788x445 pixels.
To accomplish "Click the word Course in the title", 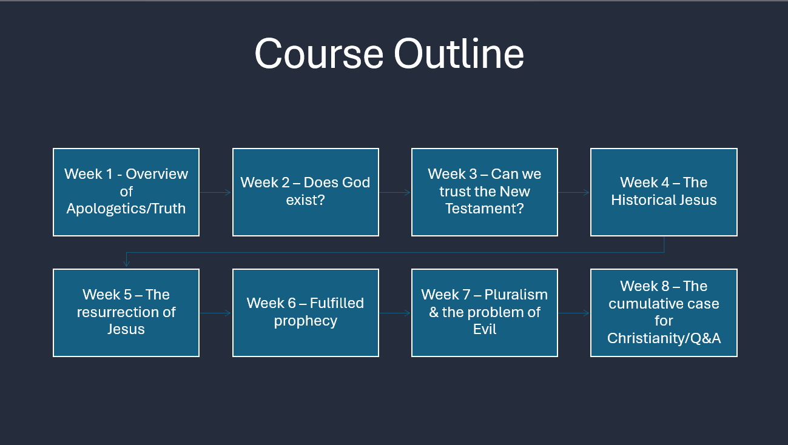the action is tap(319, 54).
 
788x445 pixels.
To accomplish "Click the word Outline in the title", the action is tap(459, 53).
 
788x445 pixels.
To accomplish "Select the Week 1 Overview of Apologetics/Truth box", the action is tap(126, 192).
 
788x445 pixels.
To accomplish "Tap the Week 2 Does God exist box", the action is tap(306, 192).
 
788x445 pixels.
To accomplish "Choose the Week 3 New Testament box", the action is tap(485, 192).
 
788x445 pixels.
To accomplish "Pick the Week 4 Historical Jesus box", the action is tap(664, 192).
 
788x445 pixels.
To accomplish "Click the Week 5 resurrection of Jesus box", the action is tap(126, 313).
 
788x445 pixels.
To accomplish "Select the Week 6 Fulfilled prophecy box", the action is tap(306, 313).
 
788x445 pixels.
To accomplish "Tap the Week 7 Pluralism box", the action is tap(485, 313).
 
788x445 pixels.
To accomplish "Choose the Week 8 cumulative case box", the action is tap(664, 313).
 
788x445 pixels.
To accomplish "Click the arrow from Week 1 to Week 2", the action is tap(215, 192).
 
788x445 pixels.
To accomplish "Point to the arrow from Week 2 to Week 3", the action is tap(395, 192).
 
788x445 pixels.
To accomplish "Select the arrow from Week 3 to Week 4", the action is tap(574, 192).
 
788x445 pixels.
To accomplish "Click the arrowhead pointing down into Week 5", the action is tap(126, 264).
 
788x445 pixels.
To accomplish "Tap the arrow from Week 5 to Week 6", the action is tap(215, 313).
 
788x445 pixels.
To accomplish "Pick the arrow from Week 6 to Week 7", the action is tap(395, 313).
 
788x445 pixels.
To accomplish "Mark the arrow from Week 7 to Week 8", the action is tap(574, 313).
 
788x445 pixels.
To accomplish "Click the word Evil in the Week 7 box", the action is tap(485, 329).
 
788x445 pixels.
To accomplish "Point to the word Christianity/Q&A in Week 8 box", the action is tap(664, 338).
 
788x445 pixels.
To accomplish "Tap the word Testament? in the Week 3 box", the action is tap(485, 209).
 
